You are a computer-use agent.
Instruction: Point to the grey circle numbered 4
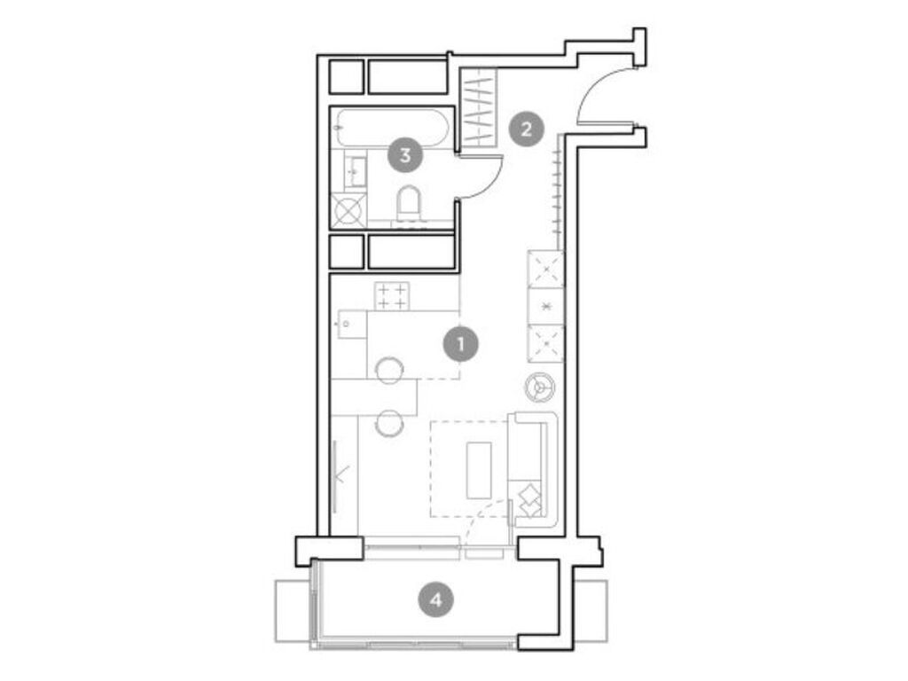tap(435, 600)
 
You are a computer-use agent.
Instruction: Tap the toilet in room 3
tap(409, 203)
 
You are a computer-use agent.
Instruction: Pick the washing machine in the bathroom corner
tap(347, 211)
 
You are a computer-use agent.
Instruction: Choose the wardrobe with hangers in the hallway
tap(479, 108)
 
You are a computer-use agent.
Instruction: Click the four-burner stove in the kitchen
tap(391, 296)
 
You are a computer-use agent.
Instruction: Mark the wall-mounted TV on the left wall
tap(337, 474)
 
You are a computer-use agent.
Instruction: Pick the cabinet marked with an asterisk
tap(545, 307)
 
